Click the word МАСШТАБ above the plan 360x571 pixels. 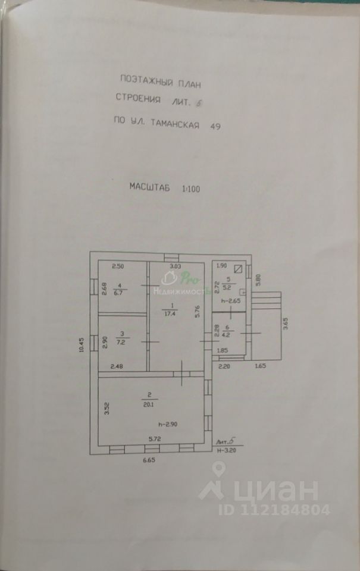(x=149, y=187)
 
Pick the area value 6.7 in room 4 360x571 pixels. (x=119, y=293)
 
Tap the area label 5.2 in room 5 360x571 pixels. (x=227, y=287)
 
